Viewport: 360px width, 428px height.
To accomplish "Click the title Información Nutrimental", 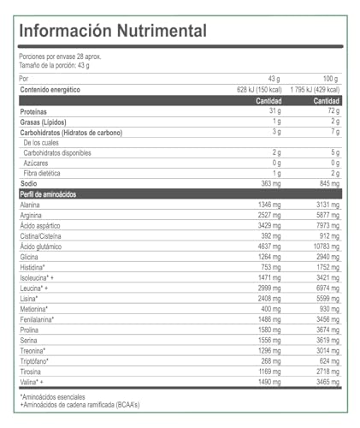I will pos(113,30).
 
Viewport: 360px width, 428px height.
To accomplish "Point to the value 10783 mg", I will pos(322,246).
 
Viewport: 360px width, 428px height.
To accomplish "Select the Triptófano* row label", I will pos(35,360).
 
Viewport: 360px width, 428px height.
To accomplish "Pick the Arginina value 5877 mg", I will pos(325,215).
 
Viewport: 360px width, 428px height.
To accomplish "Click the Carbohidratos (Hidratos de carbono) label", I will pos(71,132).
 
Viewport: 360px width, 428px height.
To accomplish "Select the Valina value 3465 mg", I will pos(325,380).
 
